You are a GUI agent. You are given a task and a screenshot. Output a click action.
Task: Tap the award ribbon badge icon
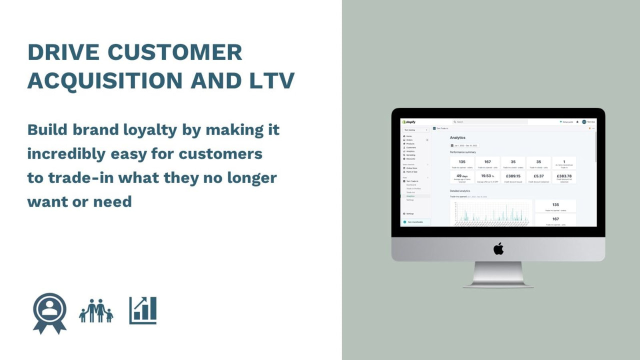pos(49,312)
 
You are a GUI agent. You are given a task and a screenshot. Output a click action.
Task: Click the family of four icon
pos(96,311)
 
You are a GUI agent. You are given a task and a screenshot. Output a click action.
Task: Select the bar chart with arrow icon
pos(143,310)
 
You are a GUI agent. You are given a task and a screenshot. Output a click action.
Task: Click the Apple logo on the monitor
pos(498,248)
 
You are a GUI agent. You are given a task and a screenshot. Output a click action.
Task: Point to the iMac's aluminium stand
pos(497,275)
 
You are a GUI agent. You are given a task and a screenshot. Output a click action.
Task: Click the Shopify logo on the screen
pos(409,121)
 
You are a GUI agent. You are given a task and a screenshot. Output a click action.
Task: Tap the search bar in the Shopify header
pos(490,121)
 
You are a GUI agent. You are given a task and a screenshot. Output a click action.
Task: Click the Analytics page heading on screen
pos(457,137)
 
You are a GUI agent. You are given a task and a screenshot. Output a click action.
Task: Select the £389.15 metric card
pos(513,177)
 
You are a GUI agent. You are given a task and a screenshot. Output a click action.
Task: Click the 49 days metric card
pos(462,177)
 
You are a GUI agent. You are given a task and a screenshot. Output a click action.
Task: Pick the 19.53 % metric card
pos(487,177)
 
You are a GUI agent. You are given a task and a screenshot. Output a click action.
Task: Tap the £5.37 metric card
pos(538,177)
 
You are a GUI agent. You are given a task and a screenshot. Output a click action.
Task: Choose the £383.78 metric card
pos(564,177)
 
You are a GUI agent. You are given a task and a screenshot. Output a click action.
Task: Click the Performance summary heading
pos(463,152)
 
